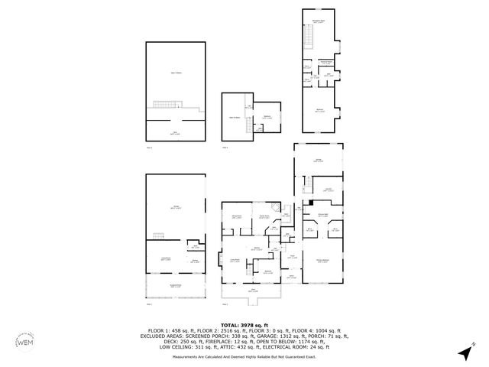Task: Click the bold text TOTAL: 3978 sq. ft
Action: [x=244, y=325]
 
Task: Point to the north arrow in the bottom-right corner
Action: [x=465, y=352]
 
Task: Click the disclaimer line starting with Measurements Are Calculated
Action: [x=244, y=356]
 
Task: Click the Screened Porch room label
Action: [x=176, y=287]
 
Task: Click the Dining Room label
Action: [x=237, y=217]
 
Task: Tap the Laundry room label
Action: [x=327, y=189]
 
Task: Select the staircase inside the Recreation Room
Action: [x=309, y=35]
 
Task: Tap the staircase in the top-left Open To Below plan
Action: [x=166, y=105]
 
